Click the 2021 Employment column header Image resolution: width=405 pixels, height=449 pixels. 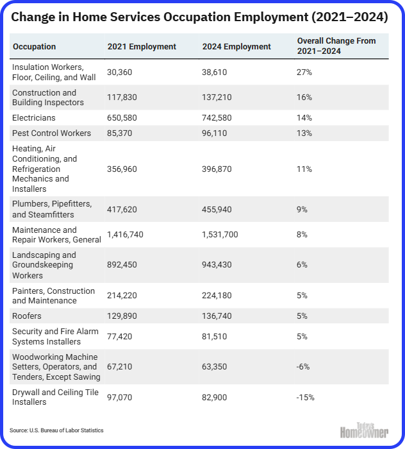click(142, 46)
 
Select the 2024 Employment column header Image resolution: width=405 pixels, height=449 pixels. click(236, 46)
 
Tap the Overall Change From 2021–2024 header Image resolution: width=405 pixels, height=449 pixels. click(336, 46)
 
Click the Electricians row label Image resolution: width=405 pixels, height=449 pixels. click(34, 117)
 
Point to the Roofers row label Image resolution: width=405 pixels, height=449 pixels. click(27, 316)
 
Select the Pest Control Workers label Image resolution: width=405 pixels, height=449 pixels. click(51, 133)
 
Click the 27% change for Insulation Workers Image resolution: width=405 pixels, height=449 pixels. click(304, 72)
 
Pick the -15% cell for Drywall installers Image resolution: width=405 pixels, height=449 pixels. click(305, 398)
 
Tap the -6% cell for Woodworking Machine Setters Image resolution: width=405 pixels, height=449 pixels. click(303, 366)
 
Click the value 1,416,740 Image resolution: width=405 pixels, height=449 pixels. click(125, 235)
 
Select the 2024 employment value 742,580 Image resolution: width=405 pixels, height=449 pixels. click(217, 117)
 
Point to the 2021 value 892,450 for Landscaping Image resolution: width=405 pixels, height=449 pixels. click(122, 264)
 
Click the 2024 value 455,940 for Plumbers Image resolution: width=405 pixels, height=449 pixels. click(217, 209)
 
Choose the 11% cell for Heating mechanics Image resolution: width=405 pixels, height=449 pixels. click(304, 169)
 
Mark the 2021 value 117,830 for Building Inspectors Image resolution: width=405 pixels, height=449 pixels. click(122, 97)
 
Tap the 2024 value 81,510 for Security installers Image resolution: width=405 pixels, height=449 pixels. click(214, 336)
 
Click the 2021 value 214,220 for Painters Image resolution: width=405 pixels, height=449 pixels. click(122, 295)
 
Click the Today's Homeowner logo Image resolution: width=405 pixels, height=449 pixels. click(364, 430)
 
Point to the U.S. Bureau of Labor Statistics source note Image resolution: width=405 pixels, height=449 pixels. click(56, 430)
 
